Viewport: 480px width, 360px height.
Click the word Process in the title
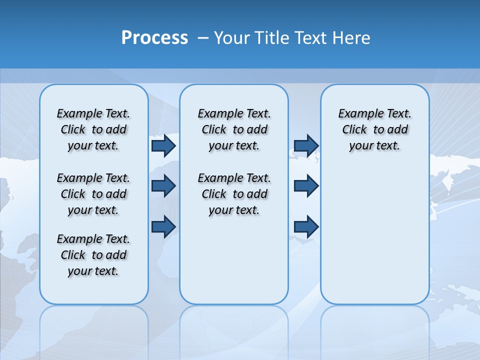[x=154, y=37]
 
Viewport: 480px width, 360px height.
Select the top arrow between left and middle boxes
[x=163, y=145]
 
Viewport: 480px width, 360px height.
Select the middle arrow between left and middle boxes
[x=163, y=186]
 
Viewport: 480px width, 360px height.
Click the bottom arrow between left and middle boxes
[x=163, y=227]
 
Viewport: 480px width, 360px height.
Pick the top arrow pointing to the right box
[x=306, y=145]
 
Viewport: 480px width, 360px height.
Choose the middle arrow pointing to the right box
[x=306, y=186]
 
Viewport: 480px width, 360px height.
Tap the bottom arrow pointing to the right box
[x=306, y=227]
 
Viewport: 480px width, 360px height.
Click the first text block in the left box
[x=93, y=129]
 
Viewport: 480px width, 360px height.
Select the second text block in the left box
[x=93, y=194]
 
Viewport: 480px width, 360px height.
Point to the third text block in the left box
[x=93, y=255]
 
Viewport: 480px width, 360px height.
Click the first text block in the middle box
[x=234, y=129]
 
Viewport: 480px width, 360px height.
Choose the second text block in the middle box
[x=234, y=194]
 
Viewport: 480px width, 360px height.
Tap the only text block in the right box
[x=375, y=129]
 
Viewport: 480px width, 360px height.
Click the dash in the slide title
[x=203, y=38]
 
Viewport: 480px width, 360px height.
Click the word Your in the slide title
[x=231, y=37]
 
